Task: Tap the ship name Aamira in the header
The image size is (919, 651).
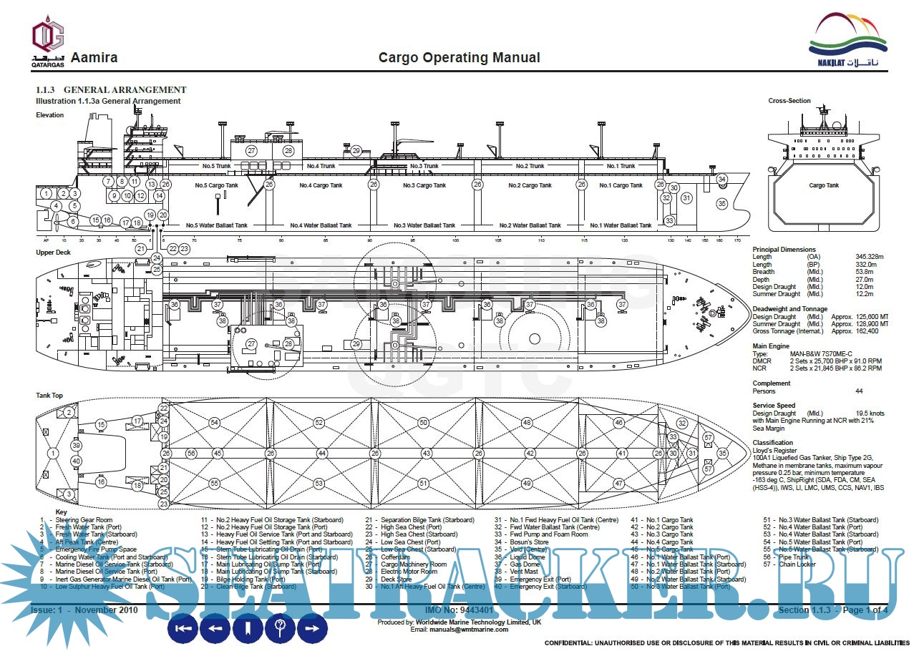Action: pos(94,58)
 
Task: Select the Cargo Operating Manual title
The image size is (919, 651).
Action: pos(459,58)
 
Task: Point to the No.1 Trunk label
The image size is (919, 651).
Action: pos(621,166)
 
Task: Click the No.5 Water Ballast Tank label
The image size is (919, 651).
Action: pos(216,225)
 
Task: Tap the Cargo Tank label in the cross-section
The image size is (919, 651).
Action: pos(823,185)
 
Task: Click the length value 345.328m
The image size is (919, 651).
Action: pos(870,257)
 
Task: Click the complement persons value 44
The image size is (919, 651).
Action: pos(859,391)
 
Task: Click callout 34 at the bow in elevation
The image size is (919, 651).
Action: pos(721,179)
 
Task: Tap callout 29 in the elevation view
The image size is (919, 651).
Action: pos(356,151)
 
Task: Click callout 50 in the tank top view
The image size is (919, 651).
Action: pos(423,423)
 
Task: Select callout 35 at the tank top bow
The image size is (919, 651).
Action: pos(722,453)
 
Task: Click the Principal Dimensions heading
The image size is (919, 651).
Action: pos(784,250)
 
